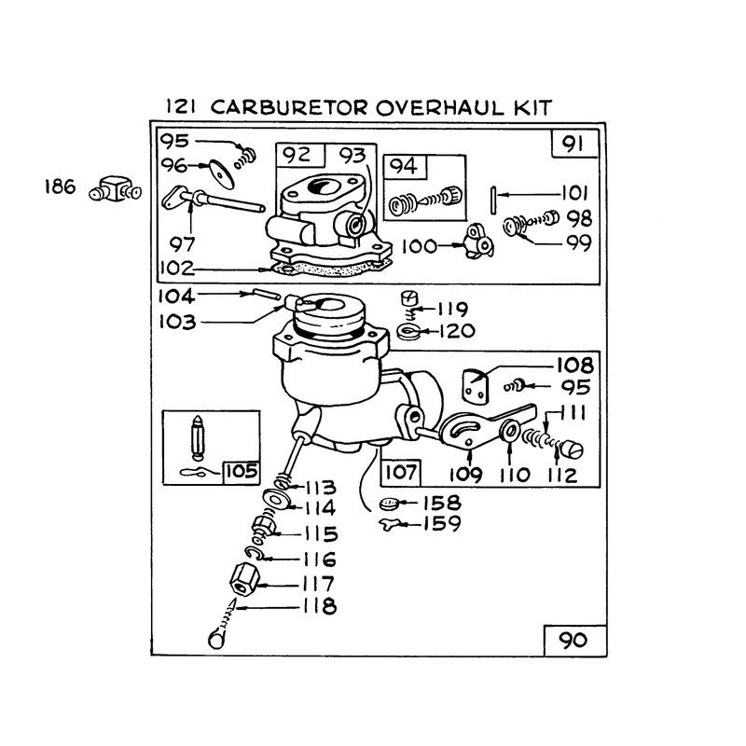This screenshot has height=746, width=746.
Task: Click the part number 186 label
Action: tap(60, 186)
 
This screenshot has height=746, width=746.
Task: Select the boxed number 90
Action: tap(573, 640)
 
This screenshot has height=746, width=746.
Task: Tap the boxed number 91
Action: tap(573, 144)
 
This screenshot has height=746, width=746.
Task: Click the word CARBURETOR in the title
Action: tap(289, 107)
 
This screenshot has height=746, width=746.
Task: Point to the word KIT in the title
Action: tap(532, 107)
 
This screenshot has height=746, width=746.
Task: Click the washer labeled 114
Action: tap(277, 500)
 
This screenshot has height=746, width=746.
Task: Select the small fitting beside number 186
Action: tap(115, 189)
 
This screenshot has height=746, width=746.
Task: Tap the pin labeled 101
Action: tap(493, 200)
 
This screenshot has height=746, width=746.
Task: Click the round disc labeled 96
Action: tap(222, 173)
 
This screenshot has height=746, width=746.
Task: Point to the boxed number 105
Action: tap(242, 472)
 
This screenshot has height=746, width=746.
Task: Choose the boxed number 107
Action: tap(401, 472)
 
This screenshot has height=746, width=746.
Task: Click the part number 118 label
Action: tap(320, 607)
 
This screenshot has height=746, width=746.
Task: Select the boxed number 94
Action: tap(404, 166)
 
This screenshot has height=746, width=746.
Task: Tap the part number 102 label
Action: tap(177, 269)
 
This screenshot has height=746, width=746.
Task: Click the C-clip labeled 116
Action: tap(253, 553)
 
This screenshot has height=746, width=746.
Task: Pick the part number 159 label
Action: tap(442, 523)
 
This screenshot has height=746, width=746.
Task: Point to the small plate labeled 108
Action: tap(475, 384)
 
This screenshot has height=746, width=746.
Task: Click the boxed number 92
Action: tap(297, 155)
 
